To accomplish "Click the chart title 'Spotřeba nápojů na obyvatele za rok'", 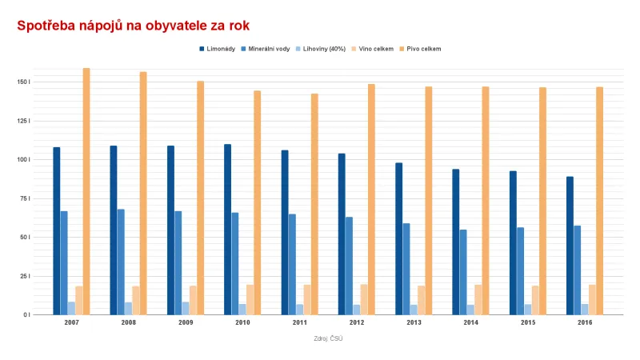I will coord(134,26).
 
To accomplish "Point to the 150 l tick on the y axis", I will coord(23,82).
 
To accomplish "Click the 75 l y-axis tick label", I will coord(25,198).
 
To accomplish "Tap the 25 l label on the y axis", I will coord(25,276).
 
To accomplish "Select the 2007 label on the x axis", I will coord(71,322).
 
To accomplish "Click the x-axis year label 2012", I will coord(356,322).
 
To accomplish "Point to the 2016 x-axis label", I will coord(584,322).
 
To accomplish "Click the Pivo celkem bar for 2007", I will coord(86,191).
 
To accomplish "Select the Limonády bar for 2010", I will coord(228,230).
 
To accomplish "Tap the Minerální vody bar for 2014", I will coord(463,272).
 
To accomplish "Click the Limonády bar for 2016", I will coord(570,246).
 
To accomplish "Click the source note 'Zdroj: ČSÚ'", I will coord(328,338).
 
